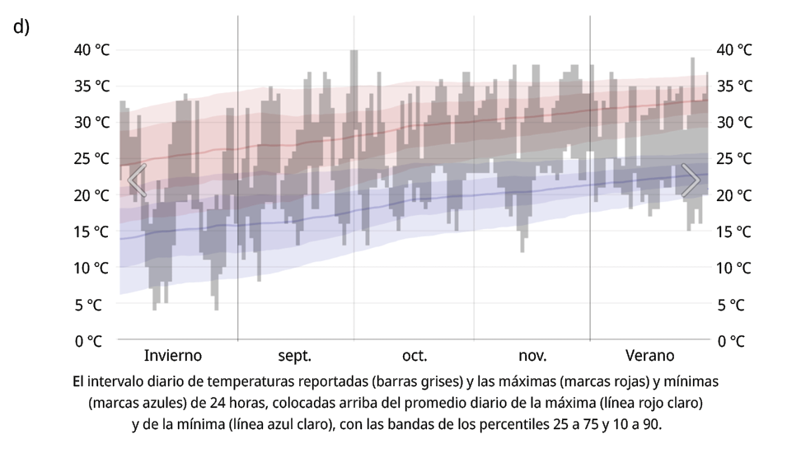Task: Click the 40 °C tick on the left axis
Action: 92,49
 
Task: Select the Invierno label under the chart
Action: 173,356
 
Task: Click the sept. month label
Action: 294,356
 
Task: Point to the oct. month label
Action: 415,356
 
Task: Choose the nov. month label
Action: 532,356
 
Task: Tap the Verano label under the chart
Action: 649,356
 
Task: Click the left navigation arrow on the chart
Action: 137,180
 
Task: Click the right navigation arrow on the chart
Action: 691,180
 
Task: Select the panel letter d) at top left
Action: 21,26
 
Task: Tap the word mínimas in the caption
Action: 689,382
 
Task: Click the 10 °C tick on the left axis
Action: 92,268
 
